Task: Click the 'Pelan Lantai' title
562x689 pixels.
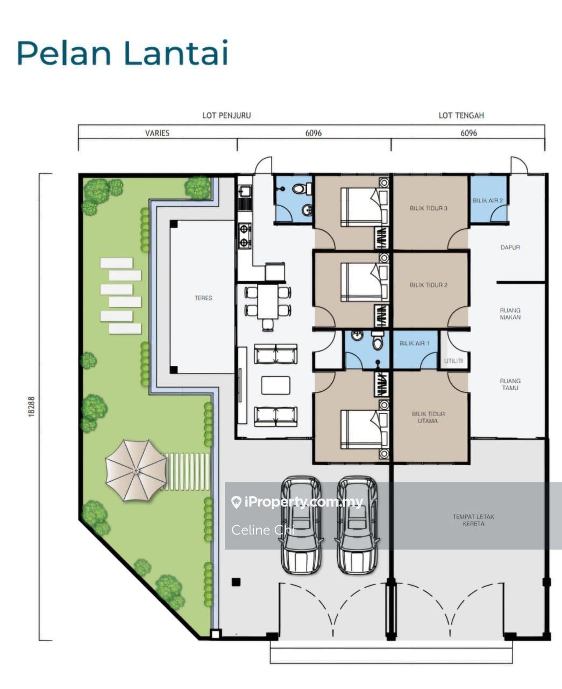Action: (x=123, y=53)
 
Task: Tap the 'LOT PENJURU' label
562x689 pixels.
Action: (x=226, y=115)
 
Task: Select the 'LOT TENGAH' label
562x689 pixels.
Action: (x=461, y=115)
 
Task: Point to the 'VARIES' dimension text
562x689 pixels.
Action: (x=158, y=133)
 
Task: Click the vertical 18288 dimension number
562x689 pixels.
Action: (x=31, y=406)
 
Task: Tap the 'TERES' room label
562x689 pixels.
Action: (x=203, y=298)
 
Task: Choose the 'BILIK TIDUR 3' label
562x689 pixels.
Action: (x=429, y=208)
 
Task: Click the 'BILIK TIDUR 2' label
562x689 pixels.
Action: (x=429, y=285)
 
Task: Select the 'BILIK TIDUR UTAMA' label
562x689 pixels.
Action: (x=428, y=417)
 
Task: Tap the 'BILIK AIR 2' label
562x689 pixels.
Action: (x=488, y=200)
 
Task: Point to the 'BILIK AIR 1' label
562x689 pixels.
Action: (x=415, y=343)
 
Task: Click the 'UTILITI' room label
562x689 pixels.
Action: (x=453, y=361)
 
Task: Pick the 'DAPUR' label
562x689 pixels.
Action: (x=510, y=247)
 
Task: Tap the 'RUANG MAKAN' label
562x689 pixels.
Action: (x=510, y=314)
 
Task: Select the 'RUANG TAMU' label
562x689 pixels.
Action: (x=510, y=384)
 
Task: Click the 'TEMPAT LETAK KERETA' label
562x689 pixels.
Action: (x=473, y=520)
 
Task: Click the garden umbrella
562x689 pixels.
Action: (x=136, y=470)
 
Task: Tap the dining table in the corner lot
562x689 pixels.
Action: (x=268, y=301)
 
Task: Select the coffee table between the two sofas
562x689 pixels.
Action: (x=276, y=385)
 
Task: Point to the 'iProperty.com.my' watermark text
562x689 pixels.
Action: (x=297, y=502)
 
